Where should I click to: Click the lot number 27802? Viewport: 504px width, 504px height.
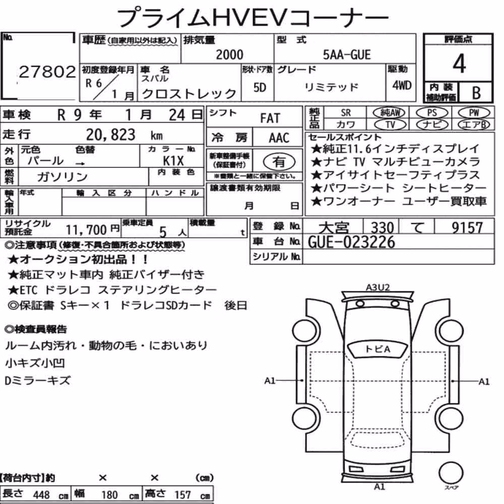coord(47,72)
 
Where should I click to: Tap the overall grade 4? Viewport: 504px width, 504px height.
coord(459,64)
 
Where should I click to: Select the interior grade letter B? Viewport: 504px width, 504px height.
coord(476,93)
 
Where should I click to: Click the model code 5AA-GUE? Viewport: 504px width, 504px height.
coord(347,54)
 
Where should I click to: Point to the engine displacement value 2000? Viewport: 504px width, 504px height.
coord(229,54)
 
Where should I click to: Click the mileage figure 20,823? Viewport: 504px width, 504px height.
coord(110,135)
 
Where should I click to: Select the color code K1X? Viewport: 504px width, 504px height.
coord(173,160)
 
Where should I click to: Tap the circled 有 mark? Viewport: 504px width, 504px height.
coord(279,161)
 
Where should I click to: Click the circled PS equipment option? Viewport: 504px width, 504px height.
coord(432,113)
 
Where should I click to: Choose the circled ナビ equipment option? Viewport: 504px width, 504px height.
coord(432,124)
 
